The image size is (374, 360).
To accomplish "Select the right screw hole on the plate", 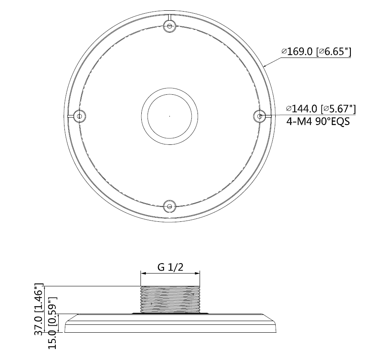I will tap(259, 116).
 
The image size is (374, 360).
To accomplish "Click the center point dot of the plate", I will tap(170, 116).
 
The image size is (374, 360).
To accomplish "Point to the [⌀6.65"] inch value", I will tap(334, 52).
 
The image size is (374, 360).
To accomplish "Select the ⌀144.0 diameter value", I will tap(302, 109).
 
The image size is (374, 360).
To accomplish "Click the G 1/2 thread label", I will tap(170, 267).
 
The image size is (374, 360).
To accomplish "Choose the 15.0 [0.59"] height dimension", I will tap(52, 323).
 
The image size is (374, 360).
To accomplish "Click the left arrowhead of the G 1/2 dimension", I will tap(143, 273).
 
